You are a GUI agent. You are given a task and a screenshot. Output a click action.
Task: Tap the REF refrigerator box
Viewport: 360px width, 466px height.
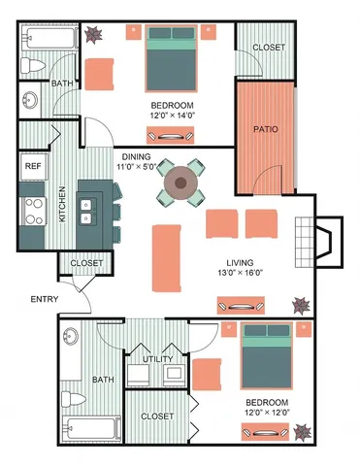31,166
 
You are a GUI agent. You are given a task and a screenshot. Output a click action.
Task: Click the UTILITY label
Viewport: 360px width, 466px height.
158,360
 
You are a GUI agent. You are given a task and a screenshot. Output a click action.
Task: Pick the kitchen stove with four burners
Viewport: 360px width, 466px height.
32,211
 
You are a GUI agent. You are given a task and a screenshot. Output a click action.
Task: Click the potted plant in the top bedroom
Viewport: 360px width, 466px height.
95,35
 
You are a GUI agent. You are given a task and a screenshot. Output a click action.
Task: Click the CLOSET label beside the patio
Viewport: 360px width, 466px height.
267,49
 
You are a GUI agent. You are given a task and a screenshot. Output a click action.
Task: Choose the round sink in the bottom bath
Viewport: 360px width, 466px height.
71,337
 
